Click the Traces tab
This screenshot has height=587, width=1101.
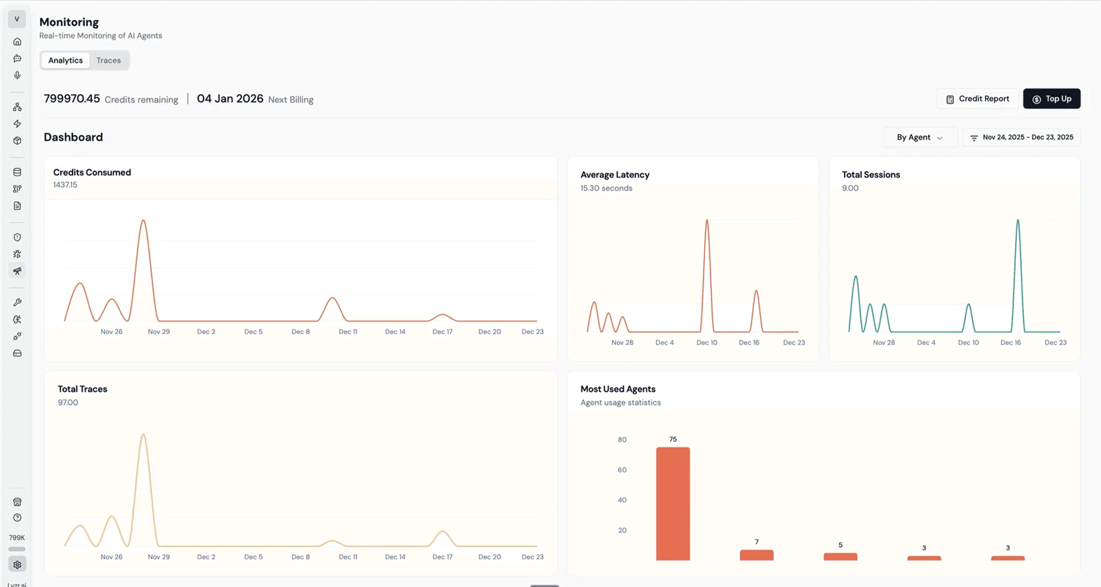pos(108,60)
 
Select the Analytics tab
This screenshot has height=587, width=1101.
pos(65,60)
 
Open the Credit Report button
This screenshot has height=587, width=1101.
pos(978,99)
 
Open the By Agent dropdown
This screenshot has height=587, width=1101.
pos(920,138)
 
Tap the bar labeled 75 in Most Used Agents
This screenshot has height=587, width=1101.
pos(673,503)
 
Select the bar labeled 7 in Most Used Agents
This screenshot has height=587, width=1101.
pos(757,555)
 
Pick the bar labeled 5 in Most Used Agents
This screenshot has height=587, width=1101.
pos(840,556)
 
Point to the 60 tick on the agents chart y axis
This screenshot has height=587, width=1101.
pos(622,470)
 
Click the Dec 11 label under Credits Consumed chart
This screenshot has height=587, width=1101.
pos(348,332)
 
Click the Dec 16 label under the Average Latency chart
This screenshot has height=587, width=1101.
pos(749,343)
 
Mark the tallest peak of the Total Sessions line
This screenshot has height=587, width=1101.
pos(1018,221)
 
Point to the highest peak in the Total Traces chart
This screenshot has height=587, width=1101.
pos(143,435)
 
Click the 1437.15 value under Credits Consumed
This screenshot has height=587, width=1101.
pos(65,185)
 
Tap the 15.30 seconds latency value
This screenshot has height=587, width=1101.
pos(606,188)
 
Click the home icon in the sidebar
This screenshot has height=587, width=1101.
pos(17,42)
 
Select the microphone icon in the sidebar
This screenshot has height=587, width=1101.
pos(17,75)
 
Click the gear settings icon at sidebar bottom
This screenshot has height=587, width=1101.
pos(17,565)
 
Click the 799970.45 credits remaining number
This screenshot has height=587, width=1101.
pos(72,99)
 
